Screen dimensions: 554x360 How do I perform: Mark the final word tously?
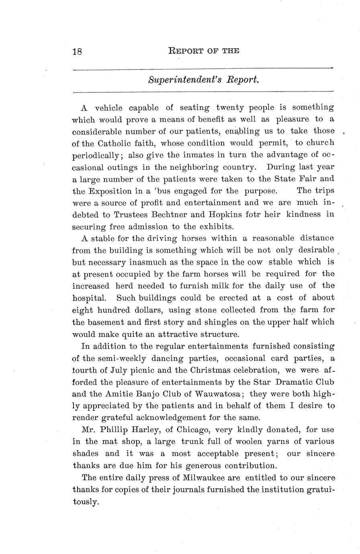coord(85,502)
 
